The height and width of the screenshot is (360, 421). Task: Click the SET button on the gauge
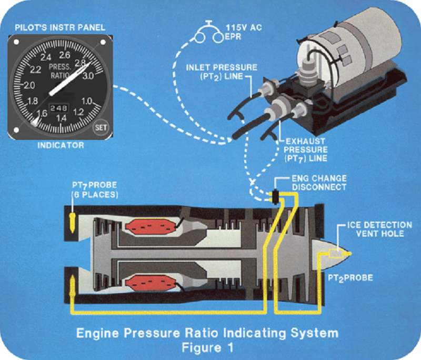click(99, 127)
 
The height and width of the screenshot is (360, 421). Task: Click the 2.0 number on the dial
click(29, 85)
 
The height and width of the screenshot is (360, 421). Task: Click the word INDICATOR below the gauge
click(61, 145)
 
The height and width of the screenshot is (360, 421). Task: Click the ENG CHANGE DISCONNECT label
click(318, 183)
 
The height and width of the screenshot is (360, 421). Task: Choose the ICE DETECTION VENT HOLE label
click(372, 229)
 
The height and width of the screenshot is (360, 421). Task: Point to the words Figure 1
click(207, 347)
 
